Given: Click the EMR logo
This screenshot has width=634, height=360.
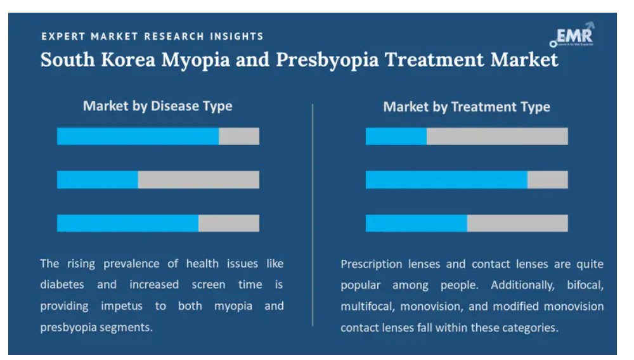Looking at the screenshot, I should (x=572, y=35).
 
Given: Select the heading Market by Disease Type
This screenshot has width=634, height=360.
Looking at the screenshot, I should (x=157, y=106).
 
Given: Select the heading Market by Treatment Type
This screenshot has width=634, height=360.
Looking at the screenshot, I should (x=467, y=107).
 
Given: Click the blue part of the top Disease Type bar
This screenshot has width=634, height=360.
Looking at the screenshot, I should (x=138, y=136).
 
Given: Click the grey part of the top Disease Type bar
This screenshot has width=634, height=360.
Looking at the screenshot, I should (x=239, y=136).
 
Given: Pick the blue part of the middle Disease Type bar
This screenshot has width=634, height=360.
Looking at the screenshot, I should (x=97, y=179).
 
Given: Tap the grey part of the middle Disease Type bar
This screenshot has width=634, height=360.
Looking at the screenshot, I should (x=198, y=179).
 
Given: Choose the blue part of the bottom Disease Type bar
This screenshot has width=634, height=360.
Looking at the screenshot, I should (x=127, y=223).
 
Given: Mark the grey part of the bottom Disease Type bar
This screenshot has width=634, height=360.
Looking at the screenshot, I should (x=229, y=223).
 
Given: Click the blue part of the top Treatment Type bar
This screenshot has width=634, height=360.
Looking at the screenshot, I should (x=396, y=136).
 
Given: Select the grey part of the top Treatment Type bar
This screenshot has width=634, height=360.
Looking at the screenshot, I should (x=497, y=136).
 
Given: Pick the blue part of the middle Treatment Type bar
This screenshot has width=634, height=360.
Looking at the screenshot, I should (x=446, y=179).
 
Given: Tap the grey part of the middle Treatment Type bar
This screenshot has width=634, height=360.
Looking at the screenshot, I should (x=548, y=179).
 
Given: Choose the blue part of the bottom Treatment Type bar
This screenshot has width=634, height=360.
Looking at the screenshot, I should (x=416, y=223).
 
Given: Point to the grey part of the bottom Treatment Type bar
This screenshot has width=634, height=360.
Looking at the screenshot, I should (x=517, y=223).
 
